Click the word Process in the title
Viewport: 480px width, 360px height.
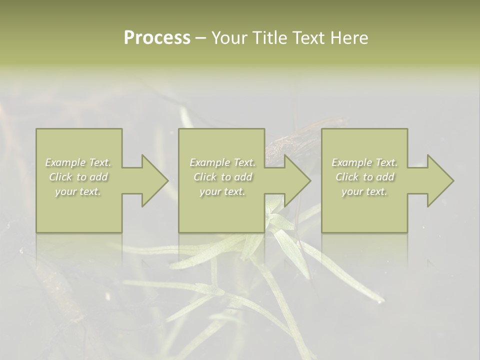[157, 38]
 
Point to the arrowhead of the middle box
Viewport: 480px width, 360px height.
[297, 180]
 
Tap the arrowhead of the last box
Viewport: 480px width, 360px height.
[440, 180]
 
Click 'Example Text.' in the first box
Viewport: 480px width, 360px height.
[78, 162]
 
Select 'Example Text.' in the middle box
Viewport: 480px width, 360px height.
[222, 162]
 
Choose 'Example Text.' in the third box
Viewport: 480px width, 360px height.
[364, 162]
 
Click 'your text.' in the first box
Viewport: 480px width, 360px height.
[78, 191]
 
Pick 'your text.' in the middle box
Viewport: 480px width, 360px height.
[222, 191]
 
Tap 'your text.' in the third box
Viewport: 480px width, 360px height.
[364, 191]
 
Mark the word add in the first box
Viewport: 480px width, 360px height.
[99, 177]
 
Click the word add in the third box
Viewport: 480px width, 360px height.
[385, 177]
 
